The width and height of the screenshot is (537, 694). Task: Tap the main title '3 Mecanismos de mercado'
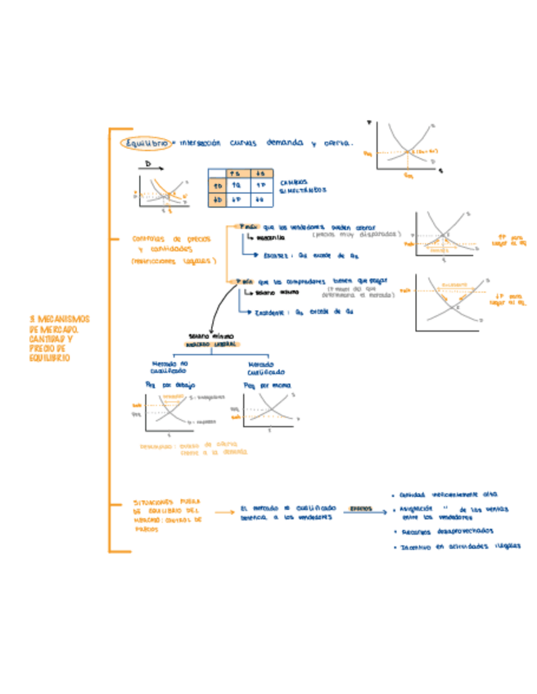59,338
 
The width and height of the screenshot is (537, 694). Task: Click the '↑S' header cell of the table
235,173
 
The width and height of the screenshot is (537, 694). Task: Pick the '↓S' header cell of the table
259,173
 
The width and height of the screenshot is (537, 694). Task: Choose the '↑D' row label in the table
217,185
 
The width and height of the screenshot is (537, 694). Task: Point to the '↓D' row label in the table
217,198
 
